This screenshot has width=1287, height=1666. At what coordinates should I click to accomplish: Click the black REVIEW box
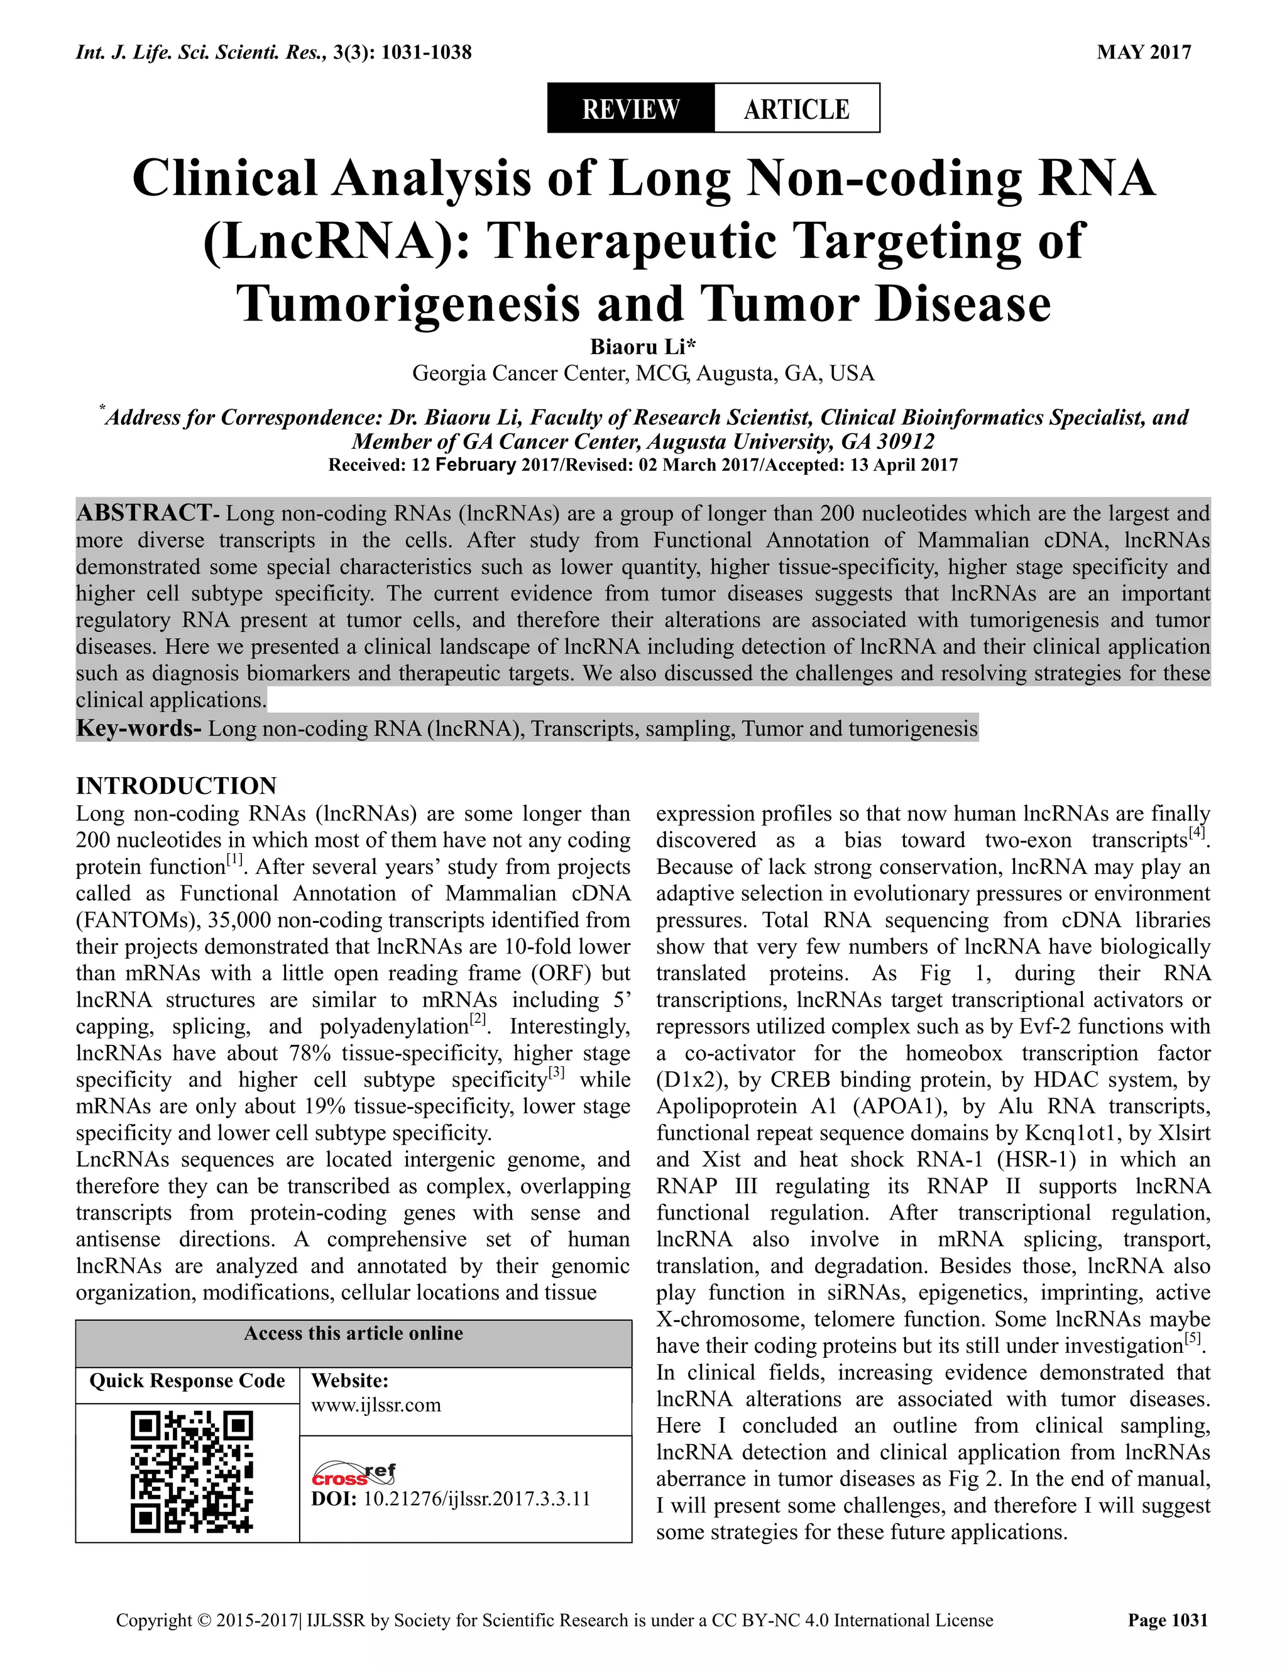coord(630,108)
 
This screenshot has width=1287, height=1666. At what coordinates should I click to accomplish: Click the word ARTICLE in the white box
coord(797,108)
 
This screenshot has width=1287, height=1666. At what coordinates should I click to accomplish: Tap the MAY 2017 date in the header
coord(1144,52)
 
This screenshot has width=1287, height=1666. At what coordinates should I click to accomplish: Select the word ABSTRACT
coord(144,512)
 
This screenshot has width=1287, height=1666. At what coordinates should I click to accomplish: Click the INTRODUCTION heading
coord(176,786)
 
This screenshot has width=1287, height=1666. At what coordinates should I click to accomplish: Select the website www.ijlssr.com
coord(376,1404)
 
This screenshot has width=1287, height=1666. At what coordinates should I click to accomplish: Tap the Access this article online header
coord(353,1333)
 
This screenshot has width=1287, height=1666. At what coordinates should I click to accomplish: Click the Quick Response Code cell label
coord(187,1381)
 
